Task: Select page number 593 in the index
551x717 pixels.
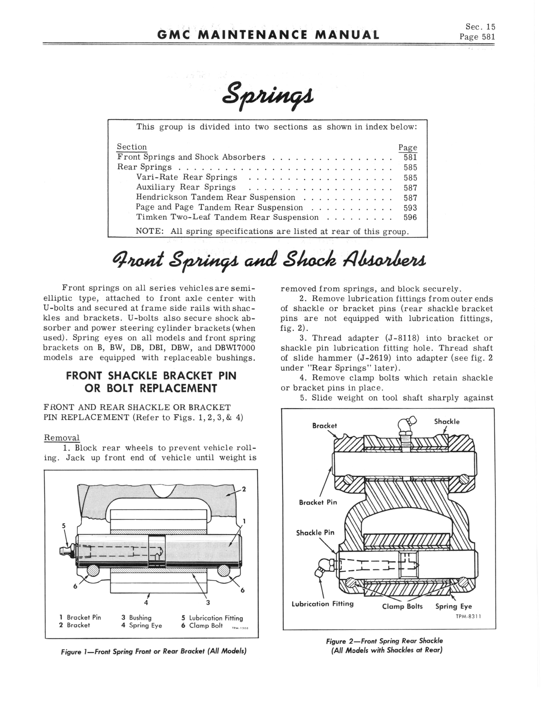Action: [x=410, y=208]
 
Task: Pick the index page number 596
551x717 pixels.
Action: [x=410, y=217]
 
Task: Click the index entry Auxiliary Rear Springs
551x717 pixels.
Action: [x=186, y=187]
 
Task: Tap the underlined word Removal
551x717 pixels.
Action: [x=62, y=438]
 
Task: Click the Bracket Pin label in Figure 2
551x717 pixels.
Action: [x=318, y=502]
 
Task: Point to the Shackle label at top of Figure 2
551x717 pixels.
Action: [x=447, y=422]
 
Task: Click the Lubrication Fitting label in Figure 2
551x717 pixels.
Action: [x=322, y=604]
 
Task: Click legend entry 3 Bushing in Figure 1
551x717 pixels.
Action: [x=137, y=618]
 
